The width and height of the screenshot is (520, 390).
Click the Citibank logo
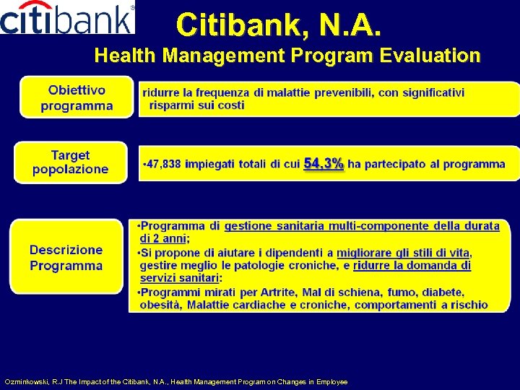click(67, 18)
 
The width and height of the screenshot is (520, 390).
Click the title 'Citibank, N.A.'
click(279, 25)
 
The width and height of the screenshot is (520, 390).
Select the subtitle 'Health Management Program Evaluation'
click(287, 56)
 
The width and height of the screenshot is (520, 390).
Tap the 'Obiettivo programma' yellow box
click(77, 98)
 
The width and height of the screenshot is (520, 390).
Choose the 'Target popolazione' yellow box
click(70, 162)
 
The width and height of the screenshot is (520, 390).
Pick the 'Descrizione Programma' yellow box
click(66, 258)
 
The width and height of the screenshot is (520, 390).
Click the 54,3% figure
click(324, 164)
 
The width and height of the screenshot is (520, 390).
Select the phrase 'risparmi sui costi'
click(196, 105)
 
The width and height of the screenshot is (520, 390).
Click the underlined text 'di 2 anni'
click(163, 238)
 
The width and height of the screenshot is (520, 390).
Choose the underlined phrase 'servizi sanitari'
click(179, 278)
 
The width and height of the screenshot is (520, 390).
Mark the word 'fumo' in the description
click(396, 292)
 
